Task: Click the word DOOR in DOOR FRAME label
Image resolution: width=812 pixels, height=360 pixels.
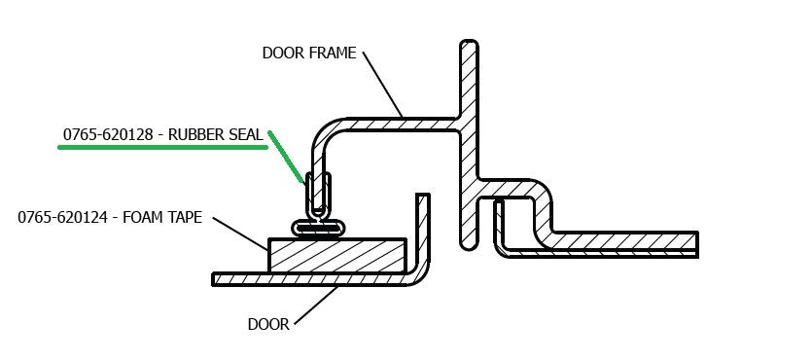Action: (282, 53)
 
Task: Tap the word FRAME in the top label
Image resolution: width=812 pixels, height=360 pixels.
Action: (332, 53)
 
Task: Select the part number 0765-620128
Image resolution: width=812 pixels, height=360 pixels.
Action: (108, 134)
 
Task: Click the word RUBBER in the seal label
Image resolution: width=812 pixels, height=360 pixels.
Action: (199, 134)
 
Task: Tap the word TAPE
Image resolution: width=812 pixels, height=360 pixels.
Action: (185, 218)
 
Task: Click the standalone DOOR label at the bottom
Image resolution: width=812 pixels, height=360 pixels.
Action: (269, 325)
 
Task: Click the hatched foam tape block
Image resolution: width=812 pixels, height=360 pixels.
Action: (336, 256)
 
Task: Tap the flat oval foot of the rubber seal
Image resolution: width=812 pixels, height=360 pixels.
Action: (318, 227)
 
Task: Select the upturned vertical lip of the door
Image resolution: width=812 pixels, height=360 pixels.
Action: (422, 229)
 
